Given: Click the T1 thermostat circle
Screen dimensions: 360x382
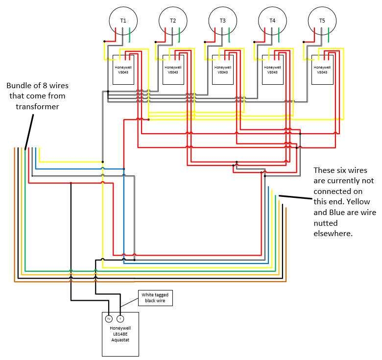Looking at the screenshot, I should [x=123, y=20].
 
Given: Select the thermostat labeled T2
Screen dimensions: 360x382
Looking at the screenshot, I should [x=173, y=20].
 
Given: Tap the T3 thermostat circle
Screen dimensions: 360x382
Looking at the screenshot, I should [x=222, y=20].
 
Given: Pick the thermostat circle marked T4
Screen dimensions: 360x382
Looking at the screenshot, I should [x=272, y=20].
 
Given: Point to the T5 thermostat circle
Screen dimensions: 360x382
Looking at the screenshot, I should [x=322, y=20].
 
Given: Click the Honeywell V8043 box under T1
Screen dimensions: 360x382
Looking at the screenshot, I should [x=123, y=69].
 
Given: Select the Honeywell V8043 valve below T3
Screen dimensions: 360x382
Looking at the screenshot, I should [x=223, y=69].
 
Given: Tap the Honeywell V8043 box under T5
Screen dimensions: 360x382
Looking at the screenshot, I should [x=322, y=69].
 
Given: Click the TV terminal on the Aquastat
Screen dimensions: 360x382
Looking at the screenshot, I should [x=109, y=319].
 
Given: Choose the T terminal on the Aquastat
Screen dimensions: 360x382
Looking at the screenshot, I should [x=120, y=319].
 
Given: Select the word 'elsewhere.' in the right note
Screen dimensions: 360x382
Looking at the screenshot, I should [x=333, y=234].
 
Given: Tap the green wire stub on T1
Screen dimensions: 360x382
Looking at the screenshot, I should [x=130, y=35].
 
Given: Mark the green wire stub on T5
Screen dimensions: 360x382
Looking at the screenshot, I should [x=329, y=35].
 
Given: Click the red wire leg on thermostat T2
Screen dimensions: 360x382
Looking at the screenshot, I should [x=166, y=32].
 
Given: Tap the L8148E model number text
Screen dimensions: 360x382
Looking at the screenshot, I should [x=120, y=334].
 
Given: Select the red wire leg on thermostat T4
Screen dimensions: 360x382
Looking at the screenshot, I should [x=265, y=32].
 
